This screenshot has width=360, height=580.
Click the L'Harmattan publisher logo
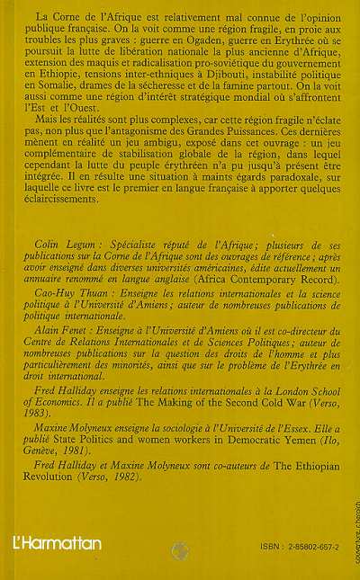click(x=57, y=542)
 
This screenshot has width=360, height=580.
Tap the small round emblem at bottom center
click(x=178, y=547)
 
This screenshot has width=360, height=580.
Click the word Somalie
click(x=59, y=89)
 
